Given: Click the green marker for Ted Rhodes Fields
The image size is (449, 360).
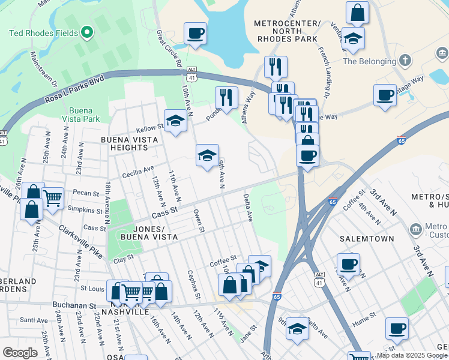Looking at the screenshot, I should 87,32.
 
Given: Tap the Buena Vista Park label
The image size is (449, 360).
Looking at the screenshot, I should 84,115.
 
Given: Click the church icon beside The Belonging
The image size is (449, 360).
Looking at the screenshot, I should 406,61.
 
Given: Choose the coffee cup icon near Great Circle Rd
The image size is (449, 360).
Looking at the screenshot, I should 195,34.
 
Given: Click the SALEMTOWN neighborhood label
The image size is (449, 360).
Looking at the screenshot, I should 366,238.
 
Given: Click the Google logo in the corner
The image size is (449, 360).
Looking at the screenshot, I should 20,352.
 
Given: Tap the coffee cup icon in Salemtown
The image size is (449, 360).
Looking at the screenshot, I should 348,263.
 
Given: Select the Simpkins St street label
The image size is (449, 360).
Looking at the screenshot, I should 86,211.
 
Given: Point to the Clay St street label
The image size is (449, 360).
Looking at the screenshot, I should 122,259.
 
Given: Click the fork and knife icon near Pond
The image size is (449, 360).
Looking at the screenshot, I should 226,97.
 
